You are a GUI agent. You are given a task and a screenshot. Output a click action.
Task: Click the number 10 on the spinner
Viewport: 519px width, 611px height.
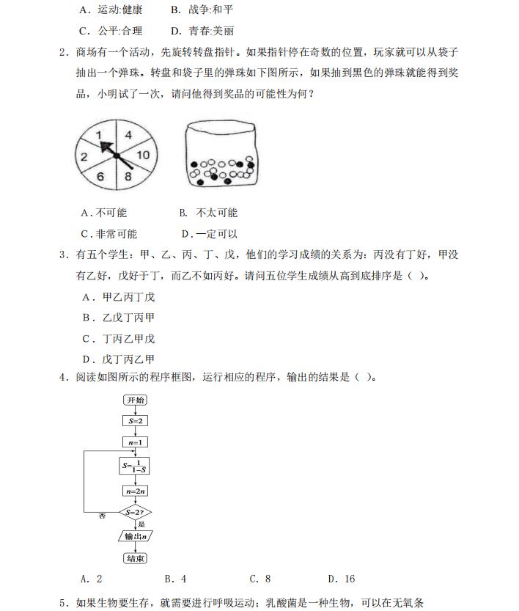point(142,155)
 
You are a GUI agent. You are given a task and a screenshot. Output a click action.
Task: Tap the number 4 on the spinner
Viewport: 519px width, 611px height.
point(128,135)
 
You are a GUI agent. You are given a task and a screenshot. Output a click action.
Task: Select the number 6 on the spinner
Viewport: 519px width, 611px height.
point(100,177)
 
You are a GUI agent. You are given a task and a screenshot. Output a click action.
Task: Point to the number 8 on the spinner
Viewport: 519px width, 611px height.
point(128,177)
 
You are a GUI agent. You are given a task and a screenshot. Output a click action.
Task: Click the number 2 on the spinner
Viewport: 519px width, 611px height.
point(84,156)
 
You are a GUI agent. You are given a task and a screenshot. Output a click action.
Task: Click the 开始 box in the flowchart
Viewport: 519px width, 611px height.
point(136,400)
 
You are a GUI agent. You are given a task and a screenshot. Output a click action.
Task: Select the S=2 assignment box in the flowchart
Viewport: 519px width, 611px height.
point(136,421)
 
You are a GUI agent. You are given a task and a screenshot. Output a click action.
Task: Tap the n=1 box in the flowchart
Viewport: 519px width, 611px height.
point(136,442)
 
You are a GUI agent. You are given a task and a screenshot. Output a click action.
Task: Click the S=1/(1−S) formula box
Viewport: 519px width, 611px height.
point(136,466)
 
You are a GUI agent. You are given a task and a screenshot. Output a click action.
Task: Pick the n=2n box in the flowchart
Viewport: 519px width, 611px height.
point(136,491)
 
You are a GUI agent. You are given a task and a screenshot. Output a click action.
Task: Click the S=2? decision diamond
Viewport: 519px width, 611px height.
point(136,512)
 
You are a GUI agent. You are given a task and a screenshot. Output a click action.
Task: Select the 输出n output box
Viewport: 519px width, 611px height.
point(136,536)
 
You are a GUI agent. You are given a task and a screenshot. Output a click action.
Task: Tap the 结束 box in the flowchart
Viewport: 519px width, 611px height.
point(136,559)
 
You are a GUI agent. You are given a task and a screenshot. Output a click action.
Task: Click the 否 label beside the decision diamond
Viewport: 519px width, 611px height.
point(102,516)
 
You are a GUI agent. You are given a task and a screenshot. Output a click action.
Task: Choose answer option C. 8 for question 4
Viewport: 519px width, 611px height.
point(259,579)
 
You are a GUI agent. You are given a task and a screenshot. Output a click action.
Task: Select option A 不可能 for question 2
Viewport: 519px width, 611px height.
point(104,213)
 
